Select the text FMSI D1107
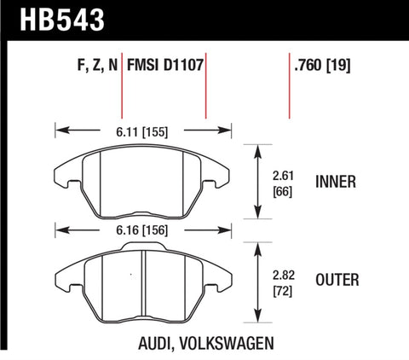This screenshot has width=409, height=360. point(164,63)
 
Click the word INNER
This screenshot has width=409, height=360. point(335,182)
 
